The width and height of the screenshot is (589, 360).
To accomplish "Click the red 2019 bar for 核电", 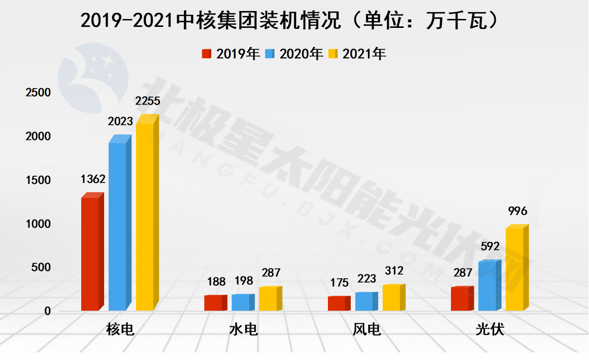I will point(90,254).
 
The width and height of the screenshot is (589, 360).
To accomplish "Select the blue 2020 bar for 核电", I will point(118,226).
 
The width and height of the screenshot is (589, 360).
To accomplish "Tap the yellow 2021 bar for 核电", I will point(145,217).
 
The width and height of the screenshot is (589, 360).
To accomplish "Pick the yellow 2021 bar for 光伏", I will point(515,269).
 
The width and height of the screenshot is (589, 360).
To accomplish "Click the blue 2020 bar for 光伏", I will point(487,286).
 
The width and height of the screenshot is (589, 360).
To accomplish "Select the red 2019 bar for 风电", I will point(337,303).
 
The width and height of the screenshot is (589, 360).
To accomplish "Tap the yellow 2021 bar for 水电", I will point(268,299).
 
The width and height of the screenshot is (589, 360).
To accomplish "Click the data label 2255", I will point(147,101).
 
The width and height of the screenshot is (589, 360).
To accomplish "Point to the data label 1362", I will point(93,179).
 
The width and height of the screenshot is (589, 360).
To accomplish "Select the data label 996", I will point(517,211).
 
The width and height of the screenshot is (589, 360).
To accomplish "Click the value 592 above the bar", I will point(490,246).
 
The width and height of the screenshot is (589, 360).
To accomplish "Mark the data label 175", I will point(339,283).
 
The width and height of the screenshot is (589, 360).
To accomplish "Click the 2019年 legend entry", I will point(231,54).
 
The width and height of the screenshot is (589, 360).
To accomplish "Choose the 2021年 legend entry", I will point(358,54).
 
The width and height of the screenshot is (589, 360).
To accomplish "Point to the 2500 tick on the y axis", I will point(38,93).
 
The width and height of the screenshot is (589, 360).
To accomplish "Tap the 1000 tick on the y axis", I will point(38,224).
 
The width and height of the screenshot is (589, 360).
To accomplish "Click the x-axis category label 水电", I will point(244,329).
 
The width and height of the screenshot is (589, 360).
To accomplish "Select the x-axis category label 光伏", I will point(490,329).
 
